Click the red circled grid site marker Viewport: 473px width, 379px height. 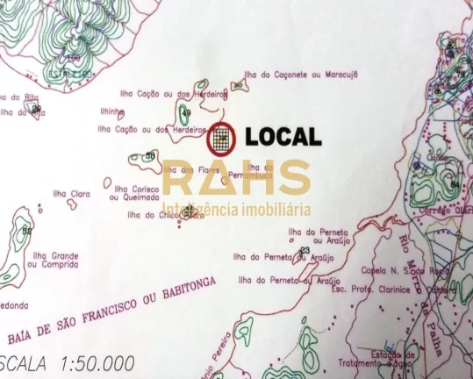click(222, 137)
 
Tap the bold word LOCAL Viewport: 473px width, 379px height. click(283, 137)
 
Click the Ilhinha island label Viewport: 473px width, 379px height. click(112, 113)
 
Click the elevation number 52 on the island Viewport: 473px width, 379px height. click(26, 232)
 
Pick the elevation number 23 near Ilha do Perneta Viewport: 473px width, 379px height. click(305, 251)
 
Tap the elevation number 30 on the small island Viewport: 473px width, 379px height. click(150, 156)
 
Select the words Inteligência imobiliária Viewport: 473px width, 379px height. click(237, 211)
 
